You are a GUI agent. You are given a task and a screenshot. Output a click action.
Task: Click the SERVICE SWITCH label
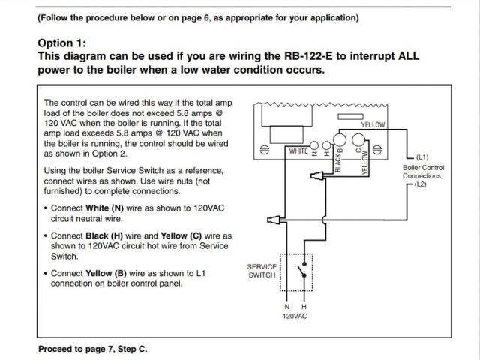(262, 271)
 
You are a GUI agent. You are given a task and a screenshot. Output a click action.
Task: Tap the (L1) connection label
(421, 157)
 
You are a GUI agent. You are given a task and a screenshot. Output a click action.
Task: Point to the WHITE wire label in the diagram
(298, 151)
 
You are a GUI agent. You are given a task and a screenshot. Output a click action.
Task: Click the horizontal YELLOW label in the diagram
(373, 124)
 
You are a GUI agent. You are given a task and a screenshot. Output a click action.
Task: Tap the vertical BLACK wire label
(339, 160)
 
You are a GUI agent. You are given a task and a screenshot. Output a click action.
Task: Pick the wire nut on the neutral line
(273, 220)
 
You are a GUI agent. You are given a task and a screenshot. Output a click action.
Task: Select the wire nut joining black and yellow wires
(319, 178)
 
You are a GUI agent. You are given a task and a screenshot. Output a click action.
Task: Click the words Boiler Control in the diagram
(424, 167)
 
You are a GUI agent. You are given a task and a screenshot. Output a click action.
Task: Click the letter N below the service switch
(287, 307)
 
